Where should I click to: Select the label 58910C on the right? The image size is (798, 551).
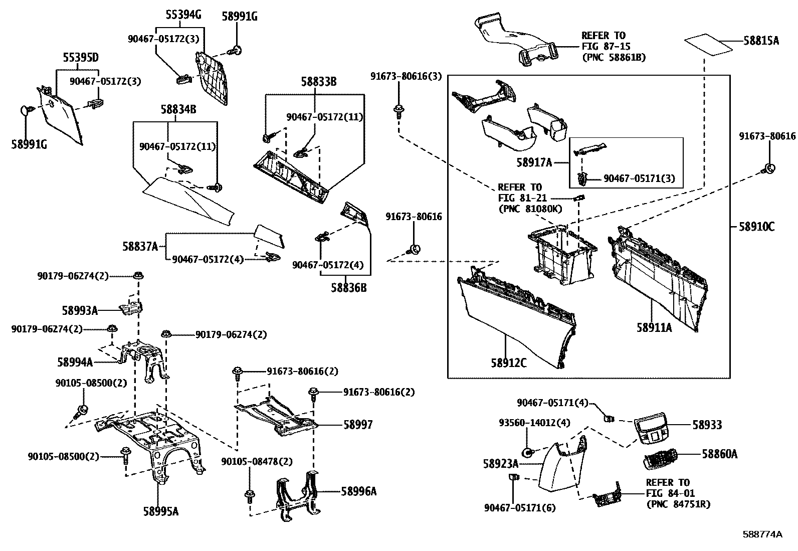click(756, 227)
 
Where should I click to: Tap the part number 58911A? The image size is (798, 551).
click(654, 327)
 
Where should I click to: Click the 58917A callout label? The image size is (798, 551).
click(534, 162)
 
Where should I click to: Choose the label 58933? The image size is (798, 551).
click(707, 425)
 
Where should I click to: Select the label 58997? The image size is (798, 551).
click(358, 425)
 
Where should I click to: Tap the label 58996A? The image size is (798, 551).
click(358, 491)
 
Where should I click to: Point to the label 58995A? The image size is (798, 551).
click(161, 511)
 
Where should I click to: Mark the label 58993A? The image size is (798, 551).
click(80, 310)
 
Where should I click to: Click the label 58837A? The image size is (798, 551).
click(140, 246)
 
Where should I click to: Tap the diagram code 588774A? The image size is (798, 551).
click(762, 534)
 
